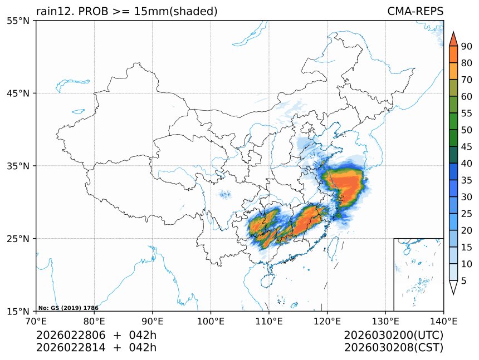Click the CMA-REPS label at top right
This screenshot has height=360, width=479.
(x=415, y=11)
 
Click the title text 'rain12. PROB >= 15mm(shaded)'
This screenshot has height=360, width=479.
(x=126, y=11)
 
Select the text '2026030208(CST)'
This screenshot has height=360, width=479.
(x=393, y=348)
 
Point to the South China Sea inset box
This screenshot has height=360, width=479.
(x=418, y=274)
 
